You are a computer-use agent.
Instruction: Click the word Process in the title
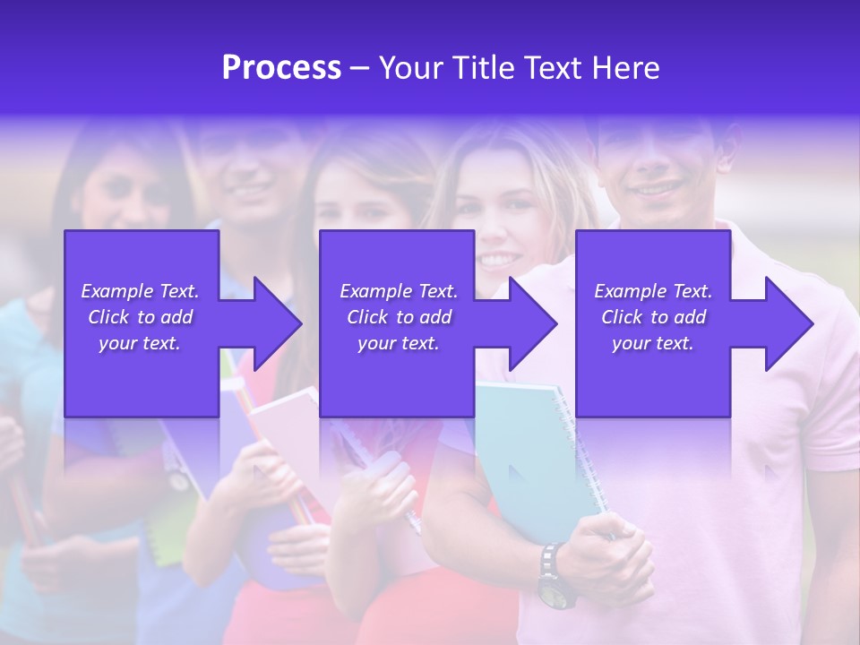click(x=281, y=68)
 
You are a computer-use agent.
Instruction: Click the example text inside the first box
click(x=140, y=317)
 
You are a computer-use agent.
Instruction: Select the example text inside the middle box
click(x=399, y=317)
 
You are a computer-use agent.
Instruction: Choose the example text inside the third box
click(x=653, y=317)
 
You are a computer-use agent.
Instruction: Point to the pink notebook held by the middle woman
click(x=285, y=439)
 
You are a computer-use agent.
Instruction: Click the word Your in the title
click(x=413, y=68)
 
